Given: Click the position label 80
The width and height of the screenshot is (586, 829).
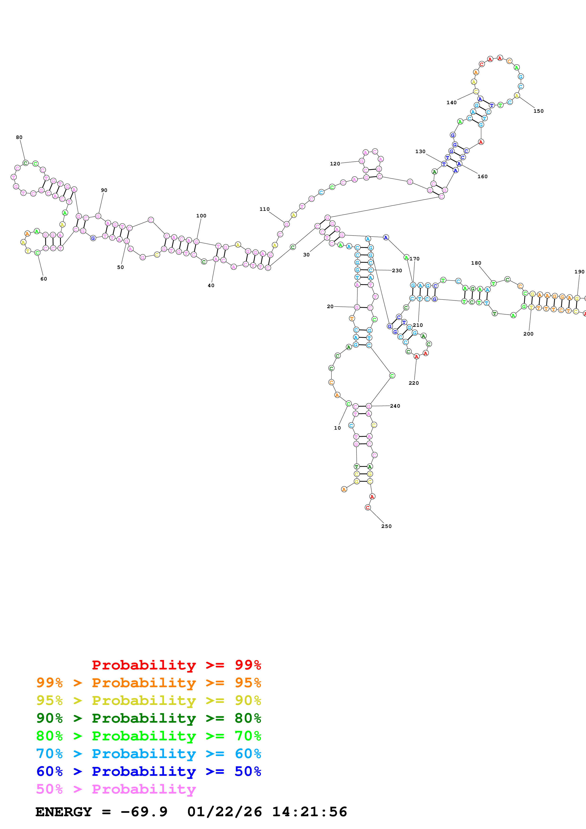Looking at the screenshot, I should pos(19,137).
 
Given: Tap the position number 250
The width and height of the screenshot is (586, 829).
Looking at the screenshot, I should pos(386,526).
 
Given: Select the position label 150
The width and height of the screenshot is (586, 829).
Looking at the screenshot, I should pos(538,111).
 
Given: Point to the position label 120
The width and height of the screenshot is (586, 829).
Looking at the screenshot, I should pos(335,164).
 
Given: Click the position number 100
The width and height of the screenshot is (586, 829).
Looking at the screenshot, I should pos(201,216).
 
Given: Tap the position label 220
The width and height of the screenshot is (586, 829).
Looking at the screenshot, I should pos(413,383).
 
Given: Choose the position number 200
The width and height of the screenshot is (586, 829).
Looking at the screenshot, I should pos(528,334).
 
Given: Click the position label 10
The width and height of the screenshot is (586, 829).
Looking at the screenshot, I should pos(337,428).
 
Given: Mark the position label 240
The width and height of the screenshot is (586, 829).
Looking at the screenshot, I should pos(395,406).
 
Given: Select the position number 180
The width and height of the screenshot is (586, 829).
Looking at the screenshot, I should pos(476,263).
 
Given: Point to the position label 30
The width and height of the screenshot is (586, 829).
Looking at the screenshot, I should pos(306,255).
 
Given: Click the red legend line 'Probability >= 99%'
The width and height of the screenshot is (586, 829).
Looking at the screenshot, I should pos(176,665).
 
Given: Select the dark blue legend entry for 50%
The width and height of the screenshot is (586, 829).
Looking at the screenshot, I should pos(148,771).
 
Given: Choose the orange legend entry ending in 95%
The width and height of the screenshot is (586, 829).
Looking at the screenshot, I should pos(148,682).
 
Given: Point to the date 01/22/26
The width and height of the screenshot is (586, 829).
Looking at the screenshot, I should pos(224,812).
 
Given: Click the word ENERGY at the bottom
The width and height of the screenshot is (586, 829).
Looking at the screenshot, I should pos(64,812).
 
